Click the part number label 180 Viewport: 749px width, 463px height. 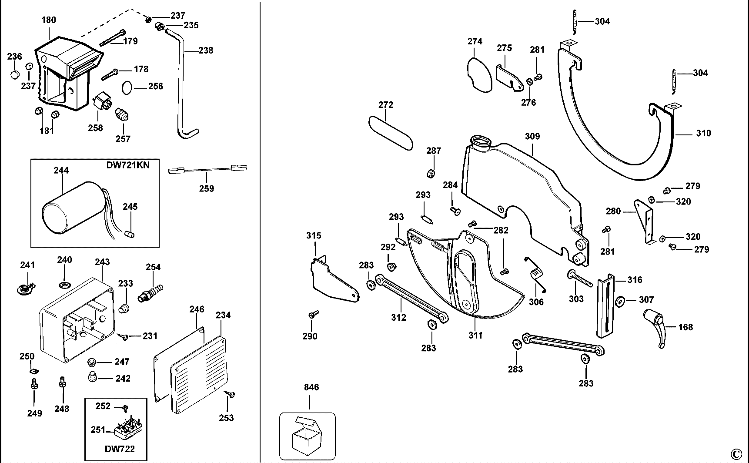click(49, 20)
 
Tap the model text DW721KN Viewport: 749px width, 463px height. click(128, 165)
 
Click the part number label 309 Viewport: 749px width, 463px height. click(532, 136)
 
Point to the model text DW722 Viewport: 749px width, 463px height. click(120, 449)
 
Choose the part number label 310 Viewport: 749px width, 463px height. click(703, 133)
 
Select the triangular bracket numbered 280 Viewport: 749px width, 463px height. click(644, 221)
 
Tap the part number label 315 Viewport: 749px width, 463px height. click(314, 235)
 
